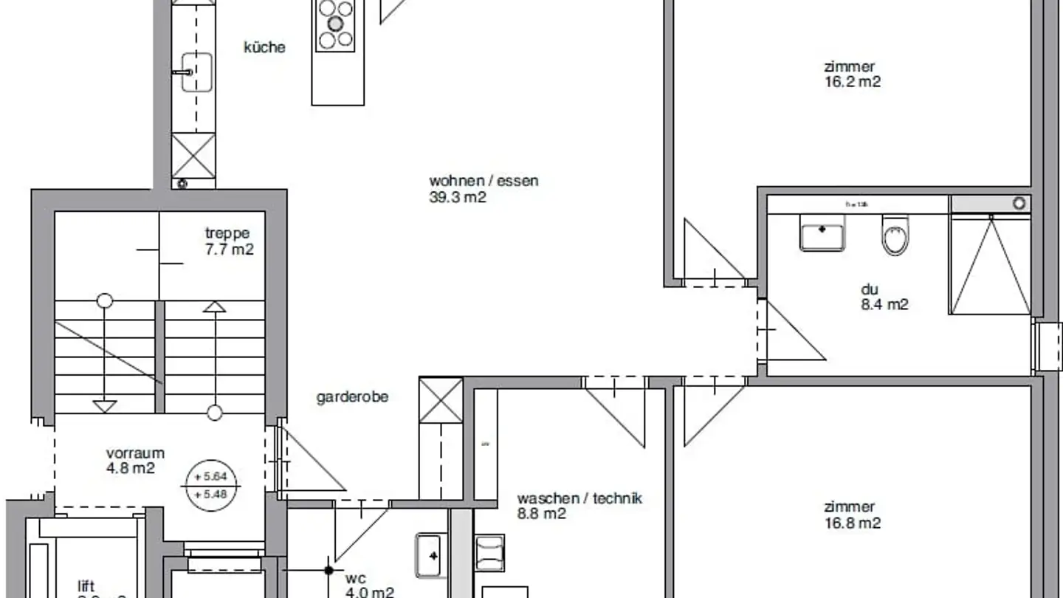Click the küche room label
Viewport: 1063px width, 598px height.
tap(264, 47)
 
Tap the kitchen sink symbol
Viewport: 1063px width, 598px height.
tap(196, 72)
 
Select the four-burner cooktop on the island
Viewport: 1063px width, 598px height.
tap(335, 24)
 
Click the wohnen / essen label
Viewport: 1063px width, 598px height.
tap(484, 181)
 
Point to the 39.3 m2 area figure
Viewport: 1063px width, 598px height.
tap(458, 197)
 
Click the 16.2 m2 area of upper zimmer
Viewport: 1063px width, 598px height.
tap(852, 82)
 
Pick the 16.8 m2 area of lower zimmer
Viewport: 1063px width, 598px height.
tap(852, 523)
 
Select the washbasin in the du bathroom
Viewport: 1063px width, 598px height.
tap(822, 233)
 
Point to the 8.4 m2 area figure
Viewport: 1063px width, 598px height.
tap(884, 304)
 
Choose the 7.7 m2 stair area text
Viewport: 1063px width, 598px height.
tap(229, 250)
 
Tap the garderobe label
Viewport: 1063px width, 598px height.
tap(352, 397)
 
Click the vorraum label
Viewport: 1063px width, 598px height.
tap(135, 453)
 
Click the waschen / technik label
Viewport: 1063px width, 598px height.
tap(579, 498)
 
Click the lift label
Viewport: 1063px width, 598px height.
tap(86, 587)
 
